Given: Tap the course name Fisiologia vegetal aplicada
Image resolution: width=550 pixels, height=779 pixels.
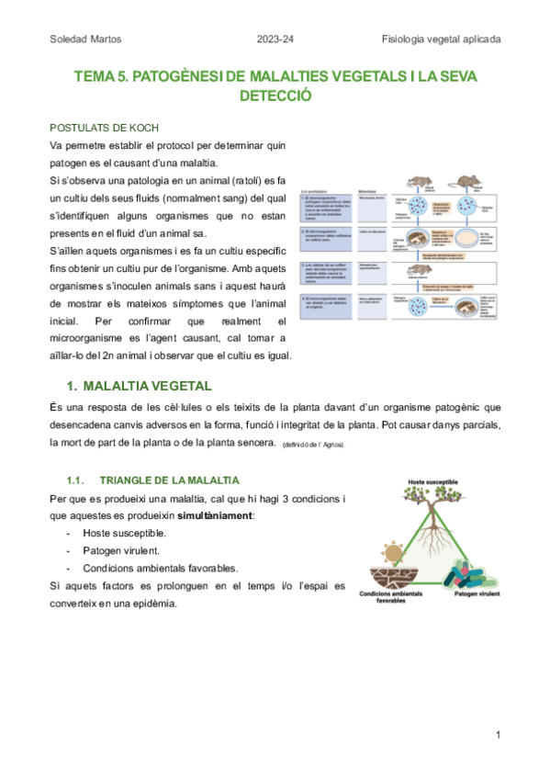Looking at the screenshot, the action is (442, 40).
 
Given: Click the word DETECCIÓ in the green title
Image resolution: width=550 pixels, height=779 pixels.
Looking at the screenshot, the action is (275, 95).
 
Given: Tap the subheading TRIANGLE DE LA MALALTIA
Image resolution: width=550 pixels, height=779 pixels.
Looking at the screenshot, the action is (169, 480).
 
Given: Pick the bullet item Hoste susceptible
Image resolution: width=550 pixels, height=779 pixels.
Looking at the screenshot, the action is (124, 533).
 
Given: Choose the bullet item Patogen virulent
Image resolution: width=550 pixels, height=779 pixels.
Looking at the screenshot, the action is (120, 550).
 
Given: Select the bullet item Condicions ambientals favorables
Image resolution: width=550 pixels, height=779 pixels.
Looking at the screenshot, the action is (160, 568).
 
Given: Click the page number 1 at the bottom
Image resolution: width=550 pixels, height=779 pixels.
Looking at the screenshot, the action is (497, 735).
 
